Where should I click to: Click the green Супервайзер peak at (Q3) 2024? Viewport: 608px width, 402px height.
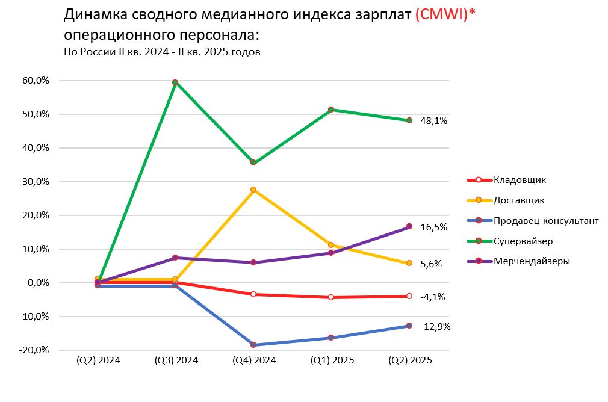coord(175,82)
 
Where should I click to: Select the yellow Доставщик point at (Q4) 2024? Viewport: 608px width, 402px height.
coord(253,190)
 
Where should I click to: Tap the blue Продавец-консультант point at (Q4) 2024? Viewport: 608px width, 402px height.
coord(253,345)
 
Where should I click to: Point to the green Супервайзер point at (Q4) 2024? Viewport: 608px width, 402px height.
coord(253,162)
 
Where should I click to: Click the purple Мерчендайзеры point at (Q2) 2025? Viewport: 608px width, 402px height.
coord(409,226)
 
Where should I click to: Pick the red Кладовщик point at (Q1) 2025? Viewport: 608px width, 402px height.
coord(331,297)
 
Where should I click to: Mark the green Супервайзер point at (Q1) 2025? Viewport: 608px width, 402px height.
coord(331,110)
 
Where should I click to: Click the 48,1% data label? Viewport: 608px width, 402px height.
coord(433,121)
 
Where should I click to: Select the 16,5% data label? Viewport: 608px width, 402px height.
coord(433,227)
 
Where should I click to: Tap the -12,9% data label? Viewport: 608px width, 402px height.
coord(435,327)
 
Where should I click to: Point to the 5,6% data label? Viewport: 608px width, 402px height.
coord(431,264)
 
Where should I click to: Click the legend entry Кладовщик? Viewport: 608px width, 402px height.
coord(520,179)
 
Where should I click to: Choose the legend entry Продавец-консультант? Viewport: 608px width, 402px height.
coord(546,220)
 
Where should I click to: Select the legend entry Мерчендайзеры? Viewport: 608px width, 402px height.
coord(532,261)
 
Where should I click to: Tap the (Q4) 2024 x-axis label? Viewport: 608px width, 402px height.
coord(254,360)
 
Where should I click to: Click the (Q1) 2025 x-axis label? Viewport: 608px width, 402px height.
coord(332,360)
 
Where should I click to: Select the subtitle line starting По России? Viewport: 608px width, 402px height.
coord(162,52)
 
